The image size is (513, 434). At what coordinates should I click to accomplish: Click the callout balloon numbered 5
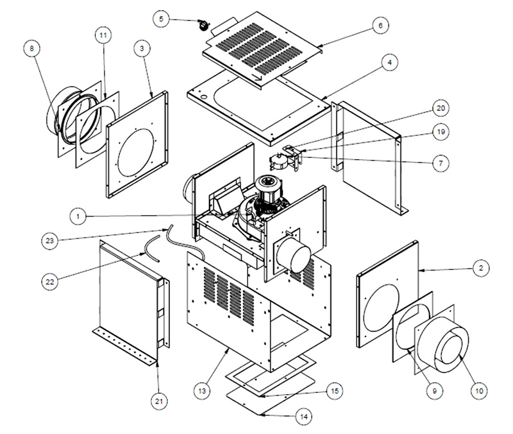163,19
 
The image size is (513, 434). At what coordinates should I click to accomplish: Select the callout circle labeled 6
380,25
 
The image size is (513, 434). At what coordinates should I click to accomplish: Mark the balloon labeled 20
441,108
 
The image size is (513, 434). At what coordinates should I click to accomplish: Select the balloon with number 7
440,164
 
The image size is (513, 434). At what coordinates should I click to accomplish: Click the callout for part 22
50,280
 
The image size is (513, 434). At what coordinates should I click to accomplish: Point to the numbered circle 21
159,401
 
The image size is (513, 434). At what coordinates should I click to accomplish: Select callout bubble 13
203,390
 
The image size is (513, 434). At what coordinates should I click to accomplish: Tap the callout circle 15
334,390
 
